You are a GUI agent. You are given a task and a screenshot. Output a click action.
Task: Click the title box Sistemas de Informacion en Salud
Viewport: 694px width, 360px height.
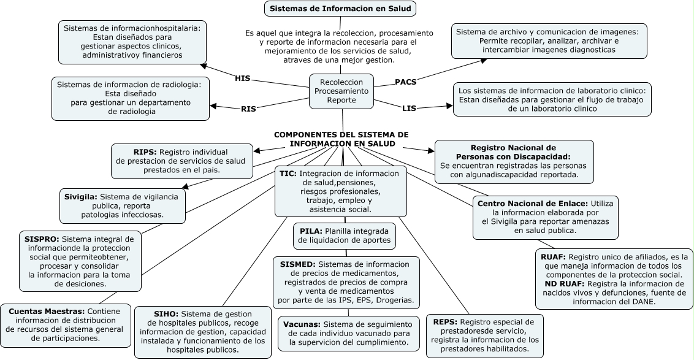(x=341, y=9)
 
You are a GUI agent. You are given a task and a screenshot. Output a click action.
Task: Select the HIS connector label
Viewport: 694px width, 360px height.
(x=243, y=78)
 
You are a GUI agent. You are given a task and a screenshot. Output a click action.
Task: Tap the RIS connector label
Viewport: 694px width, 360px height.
(x=248, y=109)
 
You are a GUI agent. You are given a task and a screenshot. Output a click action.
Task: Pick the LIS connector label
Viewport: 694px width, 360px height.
(x=409, y=109)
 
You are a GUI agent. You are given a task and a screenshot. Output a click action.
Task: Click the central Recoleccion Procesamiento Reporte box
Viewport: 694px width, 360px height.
(x=341, y=90)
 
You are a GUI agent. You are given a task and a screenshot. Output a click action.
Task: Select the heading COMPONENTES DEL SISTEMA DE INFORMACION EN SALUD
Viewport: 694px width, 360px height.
(x=341, y=139)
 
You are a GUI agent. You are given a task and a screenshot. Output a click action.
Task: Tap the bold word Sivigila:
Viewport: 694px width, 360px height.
(x=80, y=197)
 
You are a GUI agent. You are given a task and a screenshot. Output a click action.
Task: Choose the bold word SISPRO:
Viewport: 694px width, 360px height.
(x=42, y=239)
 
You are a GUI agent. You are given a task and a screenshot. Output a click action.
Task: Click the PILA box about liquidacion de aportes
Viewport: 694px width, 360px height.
(x=344, y=236)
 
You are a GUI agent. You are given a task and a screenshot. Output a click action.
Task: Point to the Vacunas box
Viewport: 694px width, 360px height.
(x=348, y=333)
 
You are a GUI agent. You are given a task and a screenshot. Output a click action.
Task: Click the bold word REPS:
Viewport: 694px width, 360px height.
(x=445, y=321)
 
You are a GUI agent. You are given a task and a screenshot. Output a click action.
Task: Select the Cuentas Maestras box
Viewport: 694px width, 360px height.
(x=65, y=324)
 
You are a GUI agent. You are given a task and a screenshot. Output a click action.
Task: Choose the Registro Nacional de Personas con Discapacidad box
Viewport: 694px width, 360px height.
(x=514, y=161)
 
